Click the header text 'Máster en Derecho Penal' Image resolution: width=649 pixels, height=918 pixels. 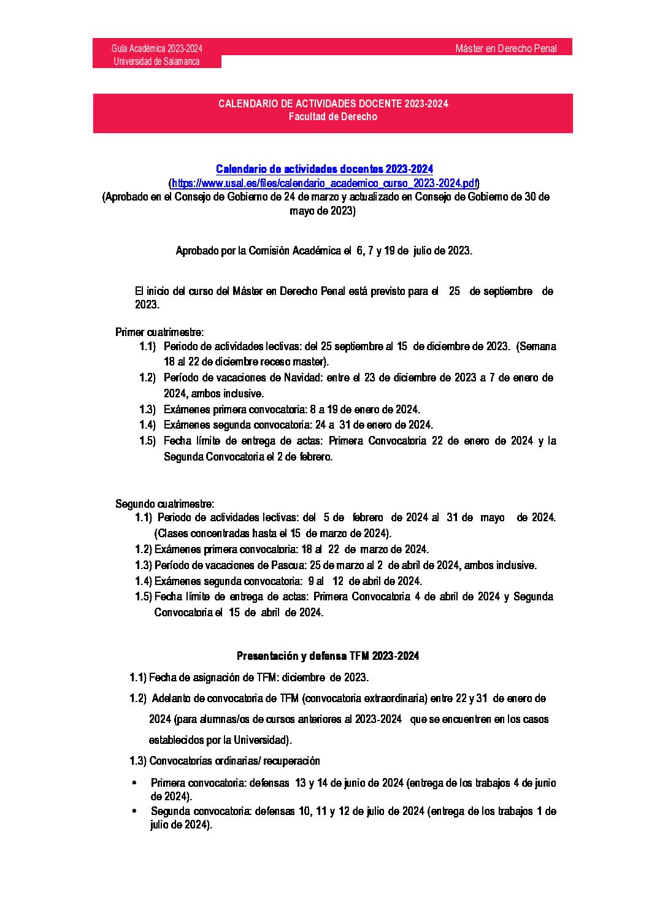[x=505, y=48]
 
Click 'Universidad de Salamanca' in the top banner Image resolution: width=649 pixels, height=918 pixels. [x=156, y=61]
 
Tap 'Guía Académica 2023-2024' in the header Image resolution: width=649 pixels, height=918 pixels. [x=157, y=48]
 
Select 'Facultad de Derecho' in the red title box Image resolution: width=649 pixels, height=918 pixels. [x=333, y=117]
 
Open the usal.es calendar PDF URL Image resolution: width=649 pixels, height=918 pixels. [x=324, y=183]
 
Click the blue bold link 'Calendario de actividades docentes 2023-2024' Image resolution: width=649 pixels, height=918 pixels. [x=324, y=169]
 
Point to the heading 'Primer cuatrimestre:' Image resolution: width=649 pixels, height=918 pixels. [x=159, y=332]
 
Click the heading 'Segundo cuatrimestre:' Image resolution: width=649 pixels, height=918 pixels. [x=165, y=504]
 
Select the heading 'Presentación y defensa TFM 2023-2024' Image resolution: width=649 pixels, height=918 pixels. [x=328, y=656]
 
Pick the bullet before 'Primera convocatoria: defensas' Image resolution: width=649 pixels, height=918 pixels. [x=134, y=783]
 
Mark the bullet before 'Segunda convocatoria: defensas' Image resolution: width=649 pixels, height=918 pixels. [x=134, y=811]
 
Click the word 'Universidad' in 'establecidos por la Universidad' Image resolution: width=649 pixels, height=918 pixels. [x=260, y=740]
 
